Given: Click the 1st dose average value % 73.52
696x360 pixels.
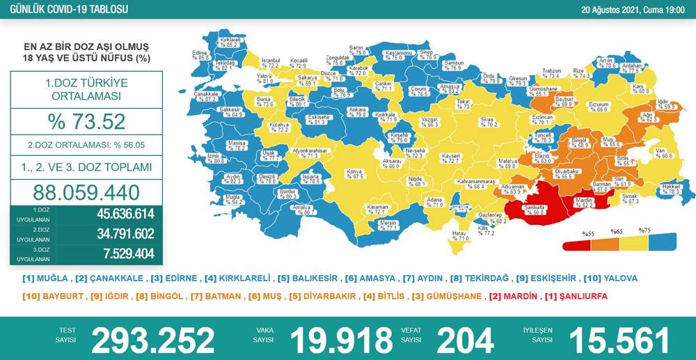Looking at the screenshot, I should click(86, 122).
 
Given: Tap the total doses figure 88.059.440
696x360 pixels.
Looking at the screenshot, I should click(86, 193).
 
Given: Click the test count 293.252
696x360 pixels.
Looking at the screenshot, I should click(152, 340).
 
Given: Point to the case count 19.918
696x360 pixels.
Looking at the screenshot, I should click(341, 340).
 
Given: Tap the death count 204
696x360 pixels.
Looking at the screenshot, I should click(465, 340).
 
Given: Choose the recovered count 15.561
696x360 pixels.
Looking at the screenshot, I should click(619, 340).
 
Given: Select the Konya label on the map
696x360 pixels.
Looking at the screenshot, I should click(356, 173).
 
